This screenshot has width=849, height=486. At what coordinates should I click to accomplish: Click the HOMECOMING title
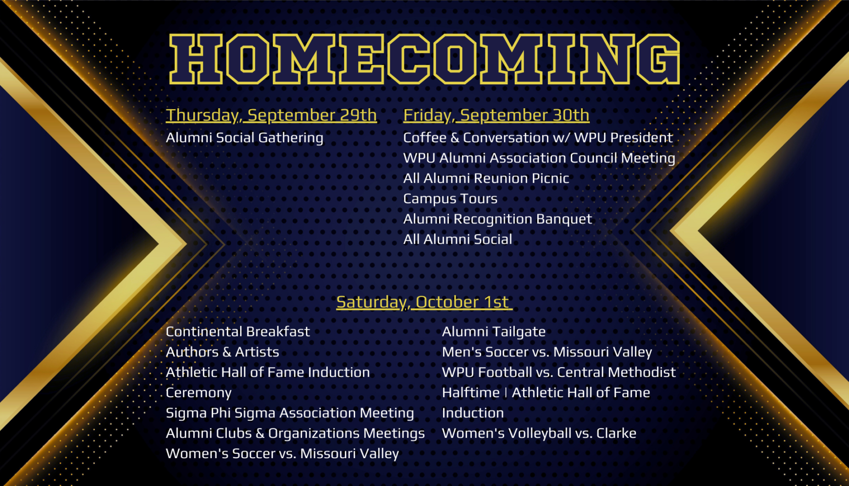pyautogui.click(x=424, y=59)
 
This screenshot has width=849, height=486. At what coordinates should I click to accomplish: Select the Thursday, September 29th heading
pyautogui.click(x=271, y=115)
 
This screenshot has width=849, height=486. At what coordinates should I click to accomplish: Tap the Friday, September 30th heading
pyautogui.click(x=496, y=115)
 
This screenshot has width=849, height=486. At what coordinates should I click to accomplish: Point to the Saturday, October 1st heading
pyautogui.click(x=424, y=302)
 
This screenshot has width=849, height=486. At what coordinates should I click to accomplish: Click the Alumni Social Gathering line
pyautogui.click(x=244, y=138)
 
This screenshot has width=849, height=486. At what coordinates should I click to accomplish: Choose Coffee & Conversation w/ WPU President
pyautogui.click(x=538, y=138)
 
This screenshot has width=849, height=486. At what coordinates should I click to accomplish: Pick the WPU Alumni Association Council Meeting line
pyautogui.click(x=539, y=158)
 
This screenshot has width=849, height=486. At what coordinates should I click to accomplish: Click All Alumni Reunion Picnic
pyautogui.click(x=486, y=178)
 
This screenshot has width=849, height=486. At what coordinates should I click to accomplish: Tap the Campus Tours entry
pyautogui.click(x=450, y=199)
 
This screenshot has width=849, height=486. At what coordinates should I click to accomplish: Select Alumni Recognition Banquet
pyautogui.click(x=497, y=219)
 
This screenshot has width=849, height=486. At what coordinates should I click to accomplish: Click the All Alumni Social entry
pyautogui.click(x=458, y=239)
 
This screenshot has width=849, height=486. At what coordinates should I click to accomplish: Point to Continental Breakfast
pyautogui.click(x=238, y=332)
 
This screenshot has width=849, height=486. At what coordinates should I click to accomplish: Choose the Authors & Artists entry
pyautogui.click(x=222, y=352)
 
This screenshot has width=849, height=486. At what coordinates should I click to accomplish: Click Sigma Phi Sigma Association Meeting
pyautogui.click(x=290, y=413)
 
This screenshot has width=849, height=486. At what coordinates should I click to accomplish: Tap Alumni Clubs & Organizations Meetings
pyautogui.click(x=295, y=434)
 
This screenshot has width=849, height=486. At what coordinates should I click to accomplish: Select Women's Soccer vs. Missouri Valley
pyautogui.click(x=283, y=454)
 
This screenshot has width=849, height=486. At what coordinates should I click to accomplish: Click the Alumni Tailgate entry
pyautogui.click(x=494, y=332)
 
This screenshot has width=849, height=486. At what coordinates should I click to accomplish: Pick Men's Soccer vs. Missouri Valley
pyautogui.click(x=547, y=352)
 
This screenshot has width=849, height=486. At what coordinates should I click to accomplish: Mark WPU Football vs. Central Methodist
pyautogui.click(x=559, y=372)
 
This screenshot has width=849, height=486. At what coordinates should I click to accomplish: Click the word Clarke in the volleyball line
pyautogui.click(x=616, y=433)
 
